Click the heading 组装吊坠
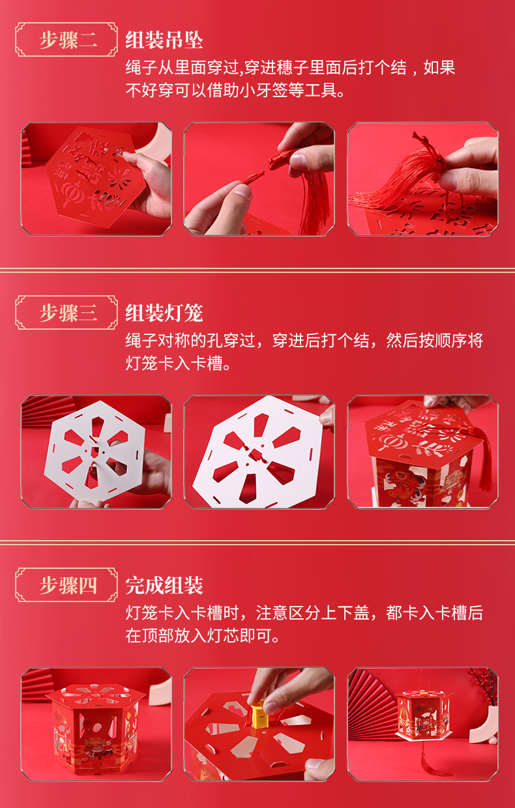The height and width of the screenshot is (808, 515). coord(164,40)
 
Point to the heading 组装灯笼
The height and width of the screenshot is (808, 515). coord(164,313)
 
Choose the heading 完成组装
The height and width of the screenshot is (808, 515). coord(164,585)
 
